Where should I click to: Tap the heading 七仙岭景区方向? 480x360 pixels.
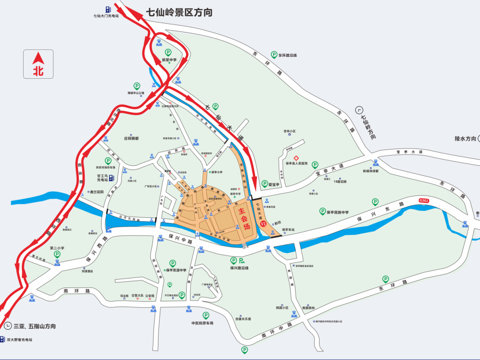[x=179, y=12]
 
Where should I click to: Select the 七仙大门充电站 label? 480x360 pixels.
[x=106, y=16]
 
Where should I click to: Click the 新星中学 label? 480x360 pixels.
[x=169, y=60]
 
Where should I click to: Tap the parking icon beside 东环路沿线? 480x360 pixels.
[x=274, y=55]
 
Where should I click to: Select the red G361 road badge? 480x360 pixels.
[x=424, y=201]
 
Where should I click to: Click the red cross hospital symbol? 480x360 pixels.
[x=295, y=158]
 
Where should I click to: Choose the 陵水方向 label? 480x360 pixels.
[x=465, y=139]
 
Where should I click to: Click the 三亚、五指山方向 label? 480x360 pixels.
[x=35, y=326]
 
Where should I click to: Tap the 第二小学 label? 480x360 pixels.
[x=57, y=248]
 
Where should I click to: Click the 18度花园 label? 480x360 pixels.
[x=340, y=181]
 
